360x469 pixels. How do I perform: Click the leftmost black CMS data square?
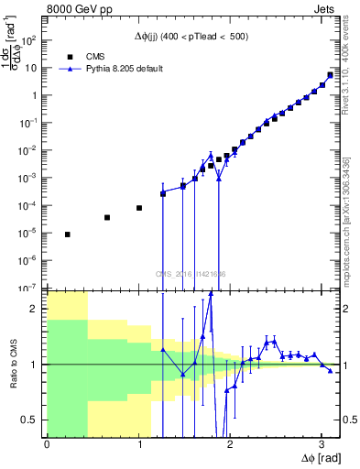coord(68,234)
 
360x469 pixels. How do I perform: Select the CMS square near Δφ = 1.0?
coord(139,208)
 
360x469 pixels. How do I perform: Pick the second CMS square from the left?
coord(107,218)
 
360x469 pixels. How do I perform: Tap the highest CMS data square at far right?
coord(330,75)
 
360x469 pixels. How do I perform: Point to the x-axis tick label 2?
coord(230,444)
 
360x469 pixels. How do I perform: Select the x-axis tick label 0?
coord(47,444)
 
